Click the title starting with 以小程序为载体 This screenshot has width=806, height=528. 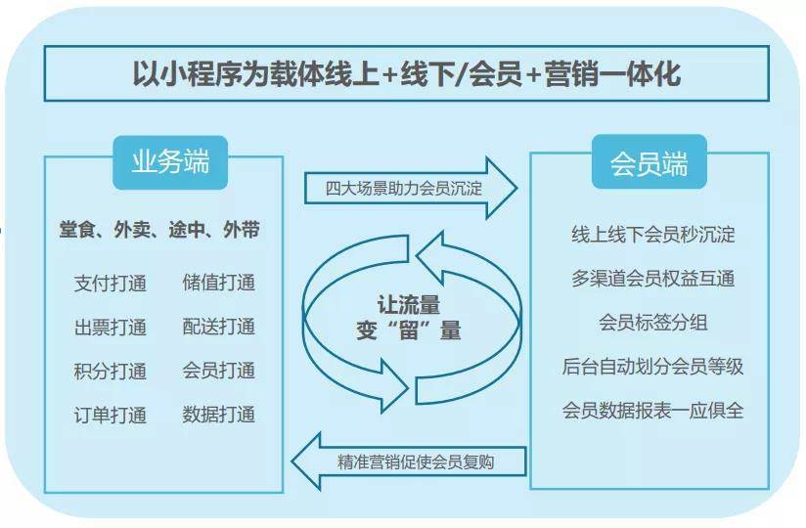[407, 73]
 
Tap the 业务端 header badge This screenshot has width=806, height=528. [170, 162]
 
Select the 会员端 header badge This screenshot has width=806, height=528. [649, 161]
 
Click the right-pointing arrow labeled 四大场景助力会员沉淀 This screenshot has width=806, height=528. [410, 188]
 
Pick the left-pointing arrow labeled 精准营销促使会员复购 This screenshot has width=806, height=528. [409, 462]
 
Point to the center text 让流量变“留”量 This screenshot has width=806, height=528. [409, 318]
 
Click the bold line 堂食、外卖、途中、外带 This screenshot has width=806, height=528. [159, 230]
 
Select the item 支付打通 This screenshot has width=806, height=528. [110, 283]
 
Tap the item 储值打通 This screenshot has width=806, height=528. [218, 283]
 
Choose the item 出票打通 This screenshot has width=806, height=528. [110, 328]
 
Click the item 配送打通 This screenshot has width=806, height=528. [218, 327]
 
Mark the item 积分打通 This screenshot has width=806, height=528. [110, 371]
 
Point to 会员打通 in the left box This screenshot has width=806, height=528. [218, 371]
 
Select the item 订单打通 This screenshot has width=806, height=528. [110, 415]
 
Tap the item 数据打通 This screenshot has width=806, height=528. [218, 415]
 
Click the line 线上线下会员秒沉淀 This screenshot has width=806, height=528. [652, 235]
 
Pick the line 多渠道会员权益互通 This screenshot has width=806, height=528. [652, 279]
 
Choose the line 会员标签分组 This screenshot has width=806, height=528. [652, 323]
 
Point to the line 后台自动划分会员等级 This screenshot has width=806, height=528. [652, 367]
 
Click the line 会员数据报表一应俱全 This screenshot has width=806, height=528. [652, 411]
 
